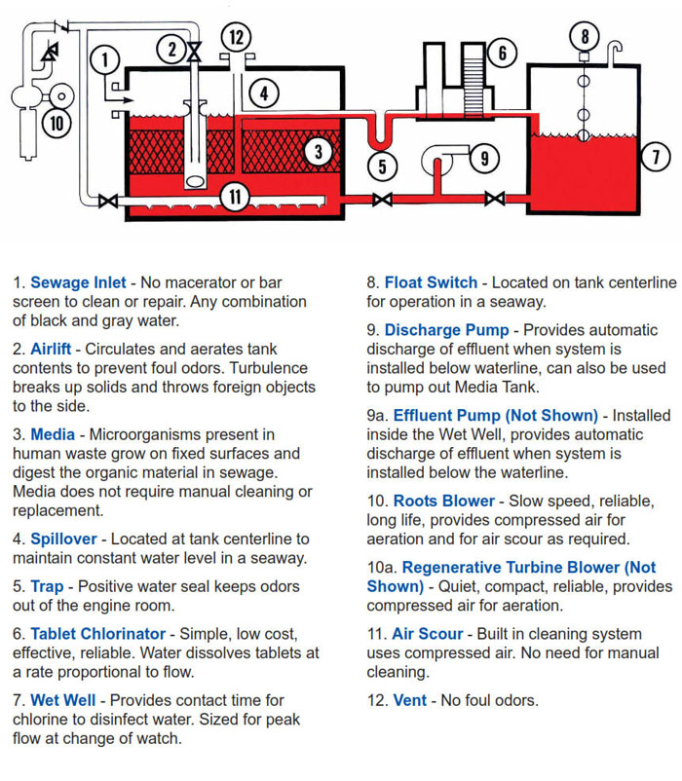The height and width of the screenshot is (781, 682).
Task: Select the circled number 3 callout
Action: pos(318,151)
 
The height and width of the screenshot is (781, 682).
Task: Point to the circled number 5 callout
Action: pos(383,166)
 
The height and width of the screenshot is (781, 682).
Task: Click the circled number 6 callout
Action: pos(502,52)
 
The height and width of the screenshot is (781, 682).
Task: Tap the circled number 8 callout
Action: pos(585,37)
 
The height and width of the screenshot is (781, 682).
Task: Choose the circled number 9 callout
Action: pos(484,156)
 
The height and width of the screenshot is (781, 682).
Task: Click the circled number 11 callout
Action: pos(235,196)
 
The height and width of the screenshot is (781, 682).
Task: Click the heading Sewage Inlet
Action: pos(78,283)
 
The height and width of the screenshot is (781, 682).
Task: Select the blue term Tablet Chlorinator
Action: pos(97,634)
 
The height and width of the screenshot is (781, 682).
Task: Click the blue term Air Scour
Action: pos(428,634)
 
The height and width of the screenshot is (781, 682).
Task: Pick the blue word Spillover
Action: pos(63,539)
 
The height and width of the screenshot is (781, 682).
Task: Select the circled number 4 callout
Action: pos(264,93)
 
